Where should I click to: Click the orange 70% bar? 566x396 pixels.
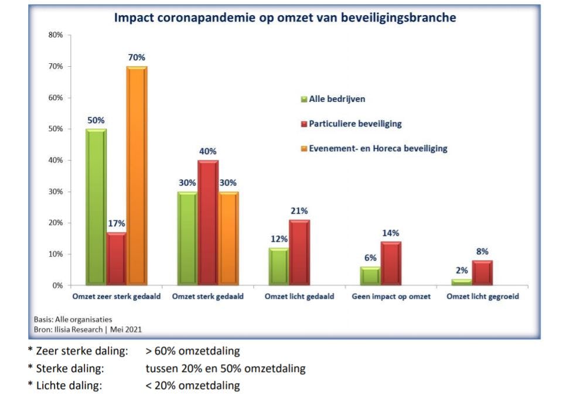[x=137, y=176]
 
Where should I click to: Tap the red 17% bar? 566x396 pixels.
[x=116, y=258]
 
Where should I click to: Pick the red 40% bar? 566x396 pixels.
[x=207, y=223]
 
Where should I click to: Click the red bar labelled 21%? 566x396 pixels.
[x=299, y=252]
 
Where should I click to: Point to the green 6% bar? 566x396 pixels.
[x=370, y=276]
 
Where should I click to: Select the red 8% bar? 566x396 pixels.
[x=482, y=273]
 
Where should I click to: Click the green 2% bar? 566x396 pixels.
[x=462, y=282]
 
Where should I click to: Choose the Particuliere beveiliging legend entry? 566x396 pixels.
[x=355, y=124]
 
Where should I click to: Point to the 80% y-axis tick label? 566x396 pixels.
[x=56, y=35]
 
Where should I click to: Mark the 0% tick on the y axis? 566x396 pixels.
[x=57, y=285]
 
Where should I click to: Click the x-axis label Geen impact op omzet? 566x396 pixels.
[x=391, y=296]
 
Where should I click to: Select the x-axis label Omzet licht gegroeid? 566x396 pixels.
[x=482, y=296]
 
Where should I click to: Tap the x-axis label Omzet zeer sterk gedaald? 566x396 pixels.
[x=116, y=296]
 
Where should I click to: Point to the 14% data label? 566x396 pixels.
[x=391, y=233]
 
